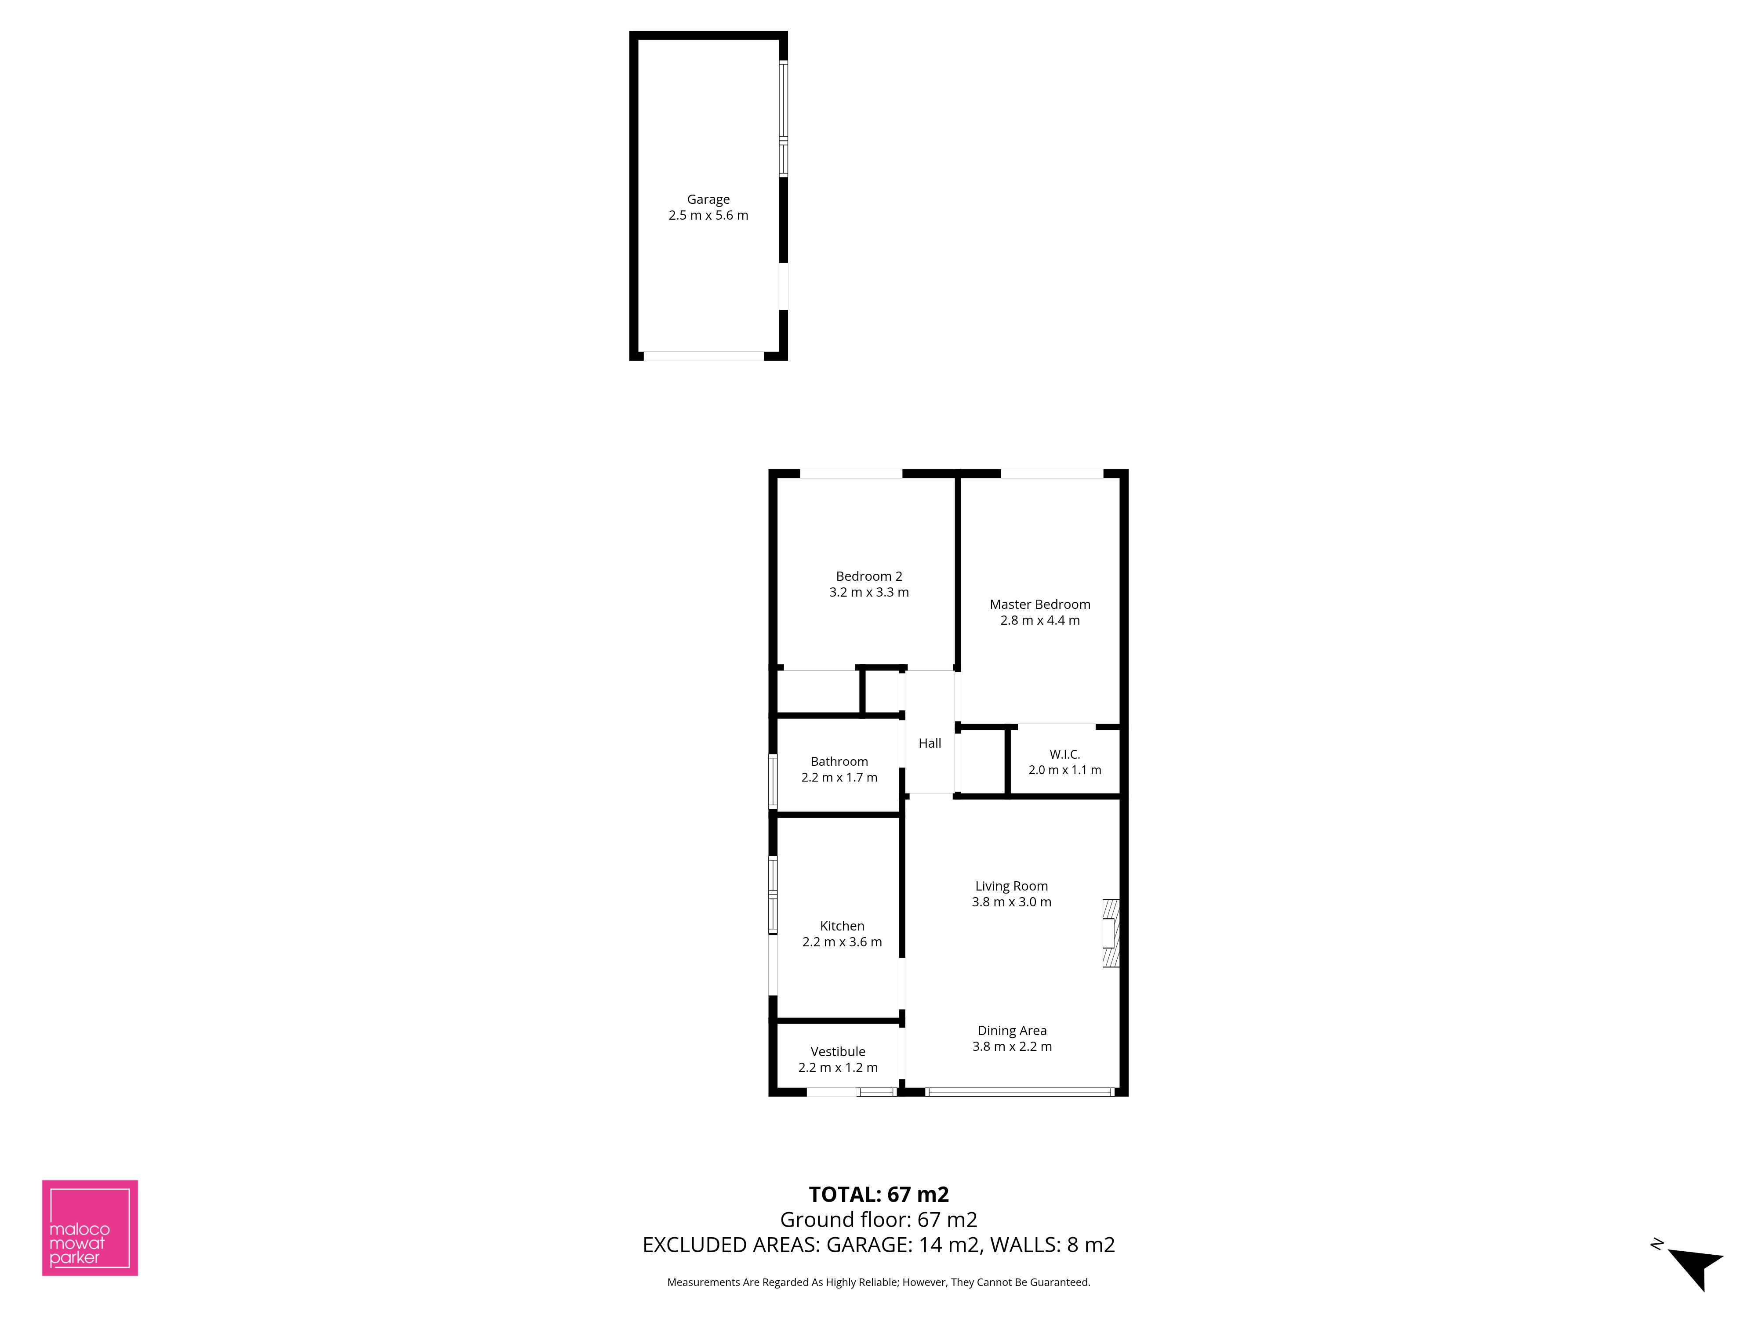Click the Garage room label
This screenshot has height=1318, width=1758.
click(x=708, y=199)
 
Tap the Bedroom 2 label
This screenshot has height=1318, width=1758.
click(x=868, y=576)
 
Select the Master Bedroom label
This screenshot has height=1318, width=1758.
click(x=1039, y=605)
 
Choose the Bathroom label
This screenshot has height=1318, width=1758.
click(x=839, y=761)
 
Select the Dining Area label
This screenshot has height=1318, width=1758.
click(x=1012, y=1030)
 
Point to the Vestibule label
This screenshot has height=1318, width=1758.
click(x=838, y=1051)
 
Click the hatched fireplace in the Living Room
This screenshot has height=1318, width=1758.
click(x=1110, y=933)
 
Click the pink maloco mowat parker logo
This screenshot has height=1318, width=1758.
click(x=90, y=1227)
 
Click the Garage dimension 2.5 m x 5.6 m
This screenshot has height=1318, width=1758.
click(x=708, y=215)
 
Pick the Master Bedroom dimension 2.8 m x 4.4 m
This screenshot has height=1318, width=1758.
click(x=1039, y=620)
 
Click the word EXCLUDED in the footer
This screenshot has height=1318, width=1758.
click(x=690, y=1245)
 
